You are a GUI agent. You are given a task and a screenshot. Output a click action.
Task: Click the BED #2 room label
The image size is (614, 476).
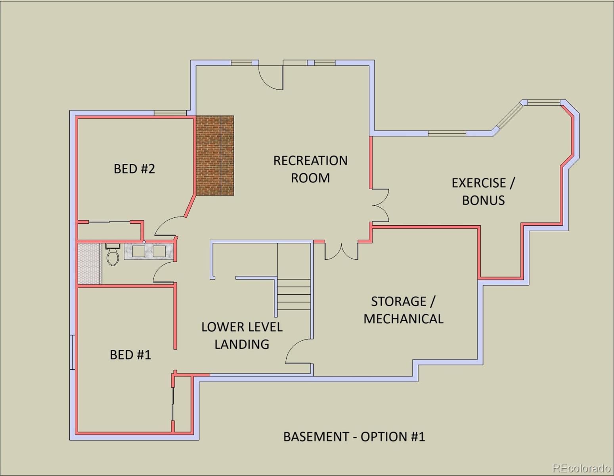pyautogui.click(x=134, y=169)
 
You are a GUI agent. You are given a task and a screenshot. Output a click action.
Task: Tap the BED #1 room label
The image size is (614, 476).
pyautogui.click(x=130, y=355)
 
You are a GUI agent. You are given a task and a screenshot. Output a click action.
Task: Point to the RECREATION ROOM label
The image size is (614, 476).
pyautogui.click(x=310, y=169)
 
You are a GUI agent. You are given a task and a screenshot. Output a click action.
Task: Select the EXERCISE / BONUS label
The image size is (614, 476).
pyautogui.click(x=483, y=191)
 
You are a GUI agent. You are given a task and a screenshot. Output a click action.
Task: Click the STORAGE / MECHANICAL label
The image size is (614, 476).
pyautogui.click(x=403, y=310)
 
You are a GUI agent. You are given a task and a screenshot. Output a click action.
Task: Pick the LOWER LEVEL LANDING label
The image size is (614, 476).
pyautogui.click(x=242, y=336)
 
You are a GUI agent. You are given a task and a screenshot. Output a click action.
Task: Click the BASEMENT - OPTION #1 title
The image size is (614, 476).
pyautogui.click(x=354, y=437)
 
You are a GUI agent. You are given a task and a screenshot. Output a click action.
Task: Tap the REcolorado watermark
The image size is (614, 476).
pyautogui.click(x=581, y=468)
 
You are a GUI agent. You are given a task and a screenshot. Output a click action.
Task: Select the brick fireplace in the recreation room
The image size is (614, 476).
pyautogui.click(x=215, y=155)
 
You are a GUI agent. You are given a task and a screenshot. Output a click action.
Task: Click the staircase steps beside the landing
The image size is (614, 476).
pyautogui.click(x=294, y=294)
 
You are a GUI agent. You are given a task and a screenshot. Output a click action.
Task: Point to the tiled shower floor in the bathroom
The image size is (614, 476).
pyautogui.click(x=89, y=263)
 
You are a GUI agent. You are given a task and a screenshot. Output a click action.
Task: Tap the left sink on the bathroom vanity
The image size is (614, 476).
pyautogui.click(x=138, y=251)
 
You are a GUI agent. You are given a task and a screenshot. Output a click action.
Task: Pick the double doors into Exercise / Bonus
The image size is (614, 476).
pyautogui.click(x=380, y=205)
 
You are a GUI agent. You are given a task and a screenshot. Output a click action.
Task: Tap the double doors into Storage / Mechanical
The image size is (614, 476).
pyautogui.click(x=341, y=251)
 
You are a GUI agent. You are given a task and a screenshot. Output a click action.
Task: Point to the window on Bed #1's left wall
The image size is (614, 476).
pyautogui.click(x=73, y=352)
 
